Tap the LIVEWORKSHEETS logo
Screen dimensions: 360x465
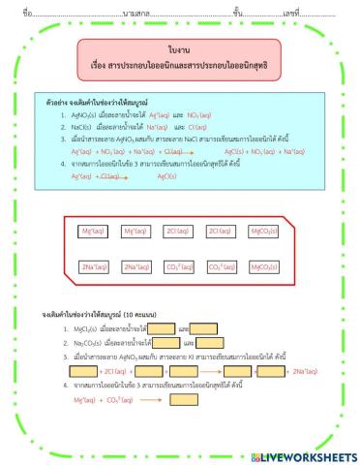302,455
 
